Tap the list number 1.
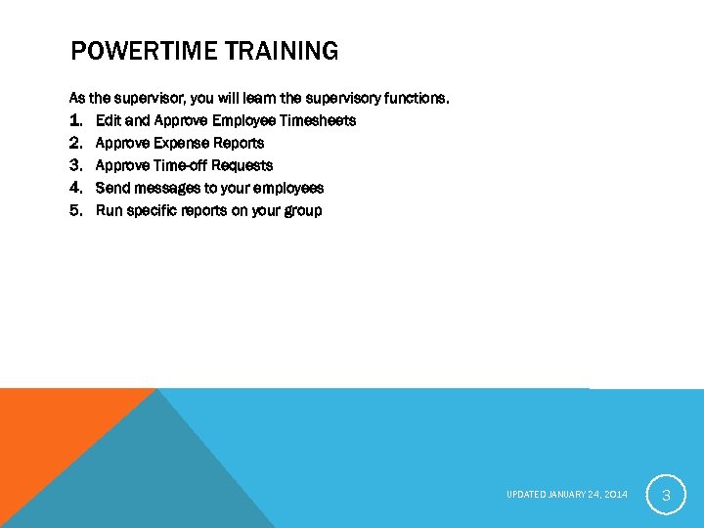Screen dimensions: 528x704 (x=76, y=120)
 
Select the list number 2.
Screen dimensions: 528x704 (x=76, y=143)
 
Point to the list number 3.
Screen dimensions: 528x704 (x=76, y=165)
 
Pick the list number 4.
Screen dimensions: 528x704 (x=76, y=188)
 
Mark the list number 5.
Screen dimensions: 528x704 (x=76, y=210)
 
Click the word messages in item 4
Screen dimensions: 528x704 (x=167, y=188)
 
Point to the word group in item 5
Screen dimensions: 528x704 (x=301, y=210)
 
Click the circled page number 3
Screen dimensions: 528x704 (x=666, y=496)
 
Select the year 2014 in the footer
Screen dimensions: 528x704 (x=616, y=495)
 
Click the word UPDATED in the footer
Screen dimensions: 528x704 (x=525, y=495)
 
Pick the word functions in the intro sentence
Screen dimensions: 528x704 (x=416, y=98)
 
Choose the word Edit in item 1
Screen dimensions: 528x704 (x=109, y=120)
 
